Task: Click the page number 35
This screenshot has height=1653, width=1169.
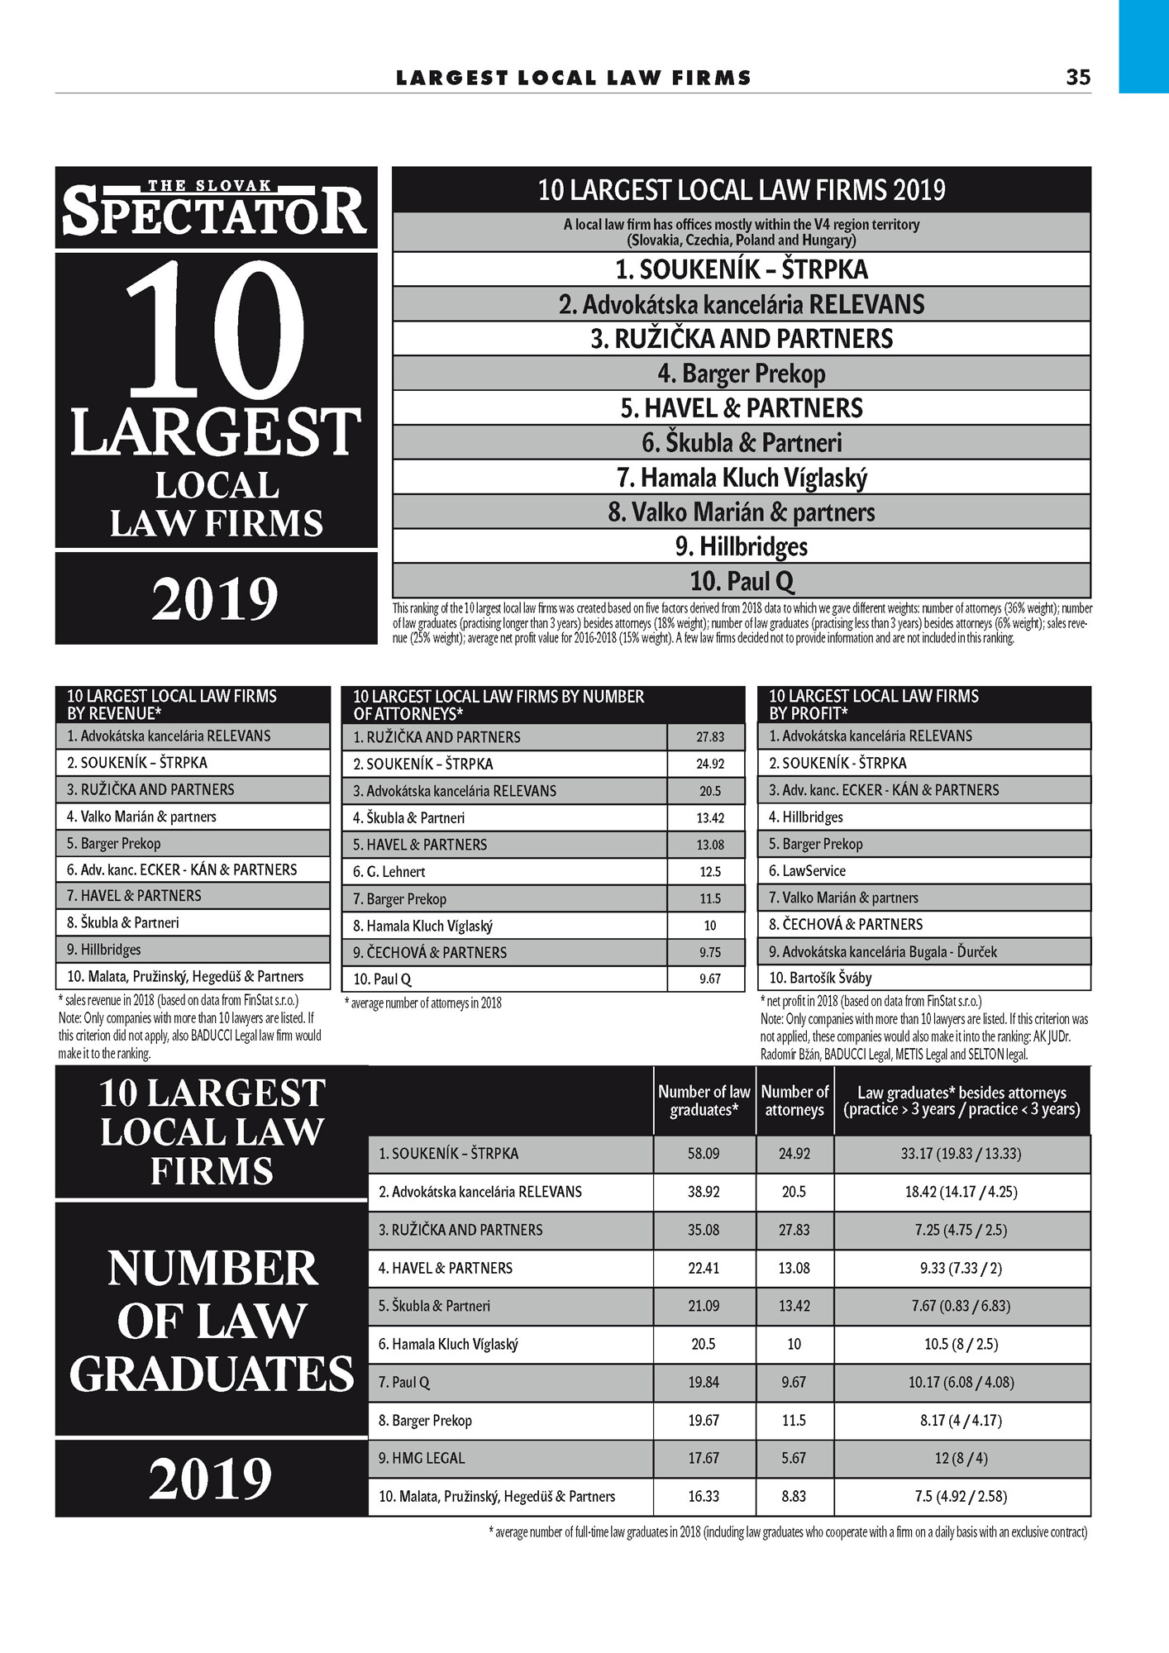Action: coord(1078,77)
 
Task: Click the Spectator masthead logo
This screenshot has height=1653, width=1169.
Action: coord(215,208)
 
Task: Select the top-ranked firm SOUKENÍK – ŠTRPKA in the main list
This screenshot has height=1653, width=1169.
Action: coord(741,269)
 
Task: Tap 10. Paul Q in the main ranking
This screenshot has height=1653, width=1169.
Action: coord(741,581)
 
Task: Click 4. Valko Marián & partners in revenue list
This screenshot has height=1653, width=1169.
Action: coord(141,817)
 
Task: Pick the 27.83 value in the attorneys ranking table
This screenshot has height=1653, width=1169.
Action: coord(709,737)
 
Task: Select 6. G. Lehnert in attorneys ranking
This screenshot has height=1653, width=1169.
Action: coord(389,872)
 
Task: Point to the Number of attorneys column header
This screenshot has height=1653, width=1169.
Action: coord(794,1101)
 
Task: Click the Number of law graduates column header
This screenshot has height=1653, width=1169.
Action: coord(704,1101)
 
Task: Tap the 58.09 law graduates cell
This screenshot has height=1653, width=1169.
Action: coord(704,1154)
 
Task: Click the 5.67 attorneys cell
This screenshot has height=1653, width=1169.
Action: coord(794,1459)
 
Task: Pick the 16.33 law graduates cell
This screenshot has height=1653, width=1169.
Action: coord(704,1497)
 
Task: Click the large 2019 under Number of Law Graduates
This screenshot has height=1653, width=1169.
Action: coord(211,1479)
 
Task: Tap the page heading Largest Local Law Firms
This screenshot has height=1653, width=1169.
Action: coord(574,78)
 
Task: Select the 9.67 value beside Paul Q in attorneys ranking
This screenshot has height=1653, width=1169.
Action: coord(709,979)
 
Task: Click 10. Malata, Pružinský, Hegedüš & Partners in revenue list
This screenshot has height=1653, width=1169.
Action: coord(185,977)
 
